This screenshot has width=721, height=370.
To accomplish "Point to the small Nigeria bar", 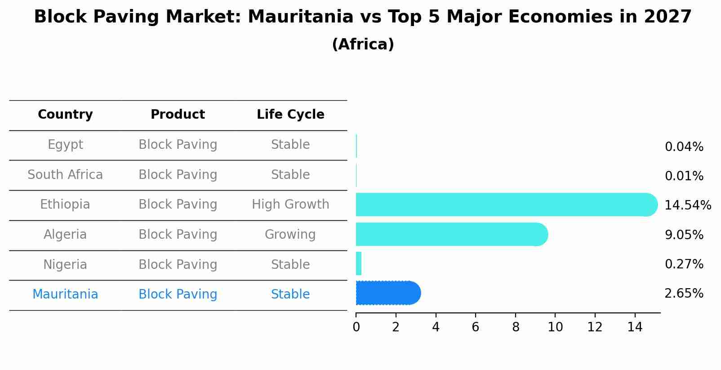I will point(359,263).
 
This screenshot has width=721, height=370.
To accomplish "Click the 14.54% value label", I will point(687,205).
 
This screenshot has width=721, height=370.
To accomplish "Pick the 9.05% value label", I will point(684,235).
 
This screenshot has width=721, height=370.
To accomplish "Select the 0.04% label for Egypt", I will point(684,147).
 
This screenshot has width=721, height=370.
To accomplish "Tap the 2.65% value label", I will point(684,294).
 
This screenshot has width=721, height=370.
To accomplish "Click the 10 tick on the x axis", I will point(555,327).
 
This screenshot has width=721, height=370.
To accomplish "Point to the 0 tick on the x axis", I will point(356,327).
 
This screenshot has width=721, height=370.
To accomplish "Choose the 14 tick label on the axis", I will point(635,327).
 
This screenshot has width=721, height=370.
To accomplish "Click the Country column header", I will point(65,115).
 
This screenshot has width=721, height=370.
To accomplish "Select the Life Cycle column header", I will point(290,115).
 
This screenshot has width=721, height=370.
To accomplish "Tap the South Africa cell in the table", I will point(65,174).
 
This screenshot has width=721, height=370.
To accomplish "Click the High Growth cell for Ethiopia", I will point(290,205).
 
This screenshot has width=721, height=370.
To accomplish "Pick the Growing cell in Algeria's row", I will point(290,235).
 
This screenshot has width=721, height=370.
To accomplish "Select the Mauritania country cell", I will point(65,294).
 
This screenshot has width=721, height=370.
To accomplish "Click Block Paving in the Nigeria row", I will point(178,264).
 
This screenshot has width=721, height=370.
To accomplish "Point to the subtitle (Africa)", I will point(363,45).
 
